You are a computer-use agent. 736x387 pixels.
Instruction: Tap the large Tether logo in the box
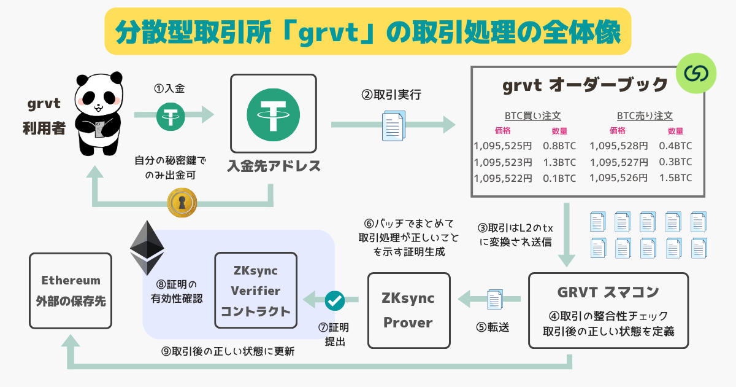pyautogui.click(x=273, y=116)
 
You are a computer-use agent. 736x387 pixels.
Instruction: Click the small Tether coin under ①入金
pyautogui.click(x=174, y=115)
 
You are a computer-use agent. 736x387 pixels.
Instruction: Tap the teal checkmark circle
pyautogui.click(x=334, y=300)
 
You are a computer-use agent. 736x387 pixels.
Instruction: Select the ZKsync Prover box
pyautogui.click(x=408, y=310)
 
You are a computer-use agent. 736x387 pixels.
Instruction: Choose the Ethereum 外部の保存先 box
pyautogui.click(x=71, y=291)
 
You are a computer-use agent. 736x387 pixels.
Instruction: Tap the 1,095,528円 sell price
pyautogui.click(x=618, y=146)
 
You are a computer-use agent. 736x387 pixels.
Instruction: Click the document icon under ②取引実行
pyautogui.click(x=393, y=125)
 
